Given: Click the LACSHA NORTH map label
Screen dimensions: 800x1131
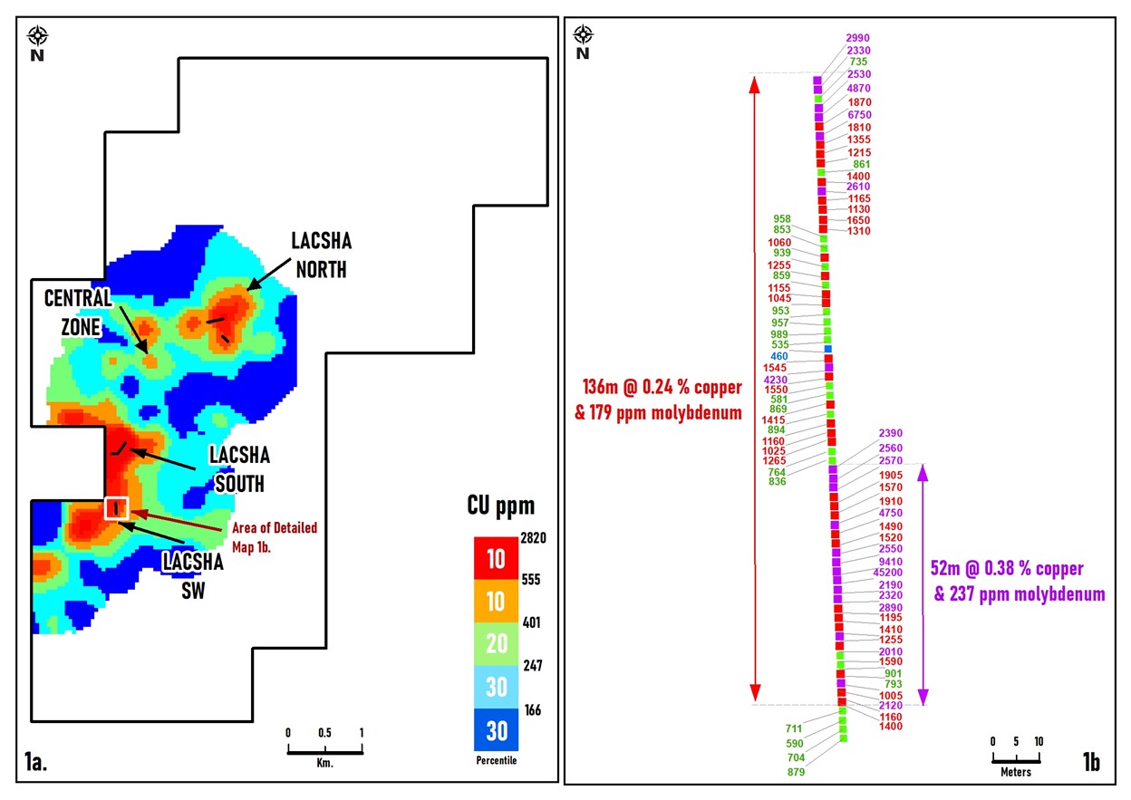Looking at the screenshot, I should (320, 255).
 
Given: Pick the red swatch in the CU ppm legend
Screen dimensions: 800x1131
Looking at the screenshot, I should (496, 558).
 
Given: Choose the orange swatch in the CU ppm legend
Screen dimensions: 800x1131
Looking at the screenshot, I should (496, 602).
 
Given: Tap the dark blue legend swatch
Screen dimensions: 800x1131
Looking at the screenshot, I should (496, 729).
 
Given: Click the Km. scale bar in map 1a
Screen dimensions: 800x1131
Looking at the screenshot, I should (324, 748).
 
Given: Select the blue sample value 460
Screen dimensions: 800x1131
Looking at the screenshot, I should (779, 356).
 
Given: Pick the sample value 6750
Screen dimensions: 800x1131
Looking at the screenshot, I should (859, 115).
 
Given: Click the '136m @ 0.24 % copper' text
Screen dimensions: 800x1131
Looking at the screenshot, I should (662, 388).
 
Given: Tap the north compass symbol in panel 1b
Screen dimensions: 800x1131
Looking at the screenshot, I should (584, 35).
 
